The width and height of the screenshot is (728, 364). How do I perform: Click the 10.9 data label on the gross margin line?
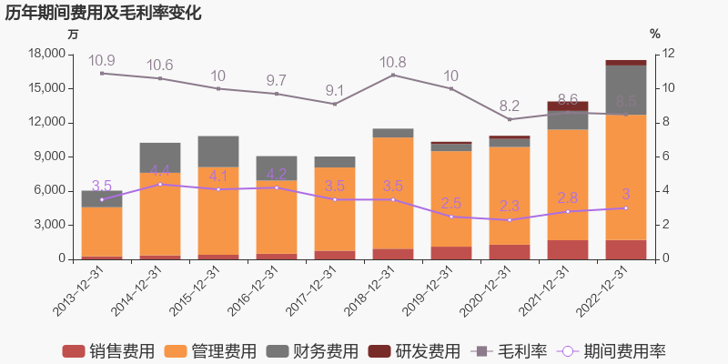point(102,60)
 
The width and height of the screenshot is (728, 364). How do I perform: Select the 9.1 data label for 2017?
point(335,90)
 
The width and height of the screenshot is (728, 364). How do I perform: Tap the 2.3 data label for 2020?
point(510,207)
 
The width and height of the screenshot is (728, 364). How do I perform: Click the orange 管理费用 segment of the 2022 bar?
point(626,177)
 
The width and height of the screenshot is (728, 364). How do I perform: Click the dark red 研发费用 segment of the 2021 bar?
point(568,106)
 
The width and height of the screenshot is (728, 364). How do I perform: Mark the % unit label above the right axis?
point(655,34)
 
